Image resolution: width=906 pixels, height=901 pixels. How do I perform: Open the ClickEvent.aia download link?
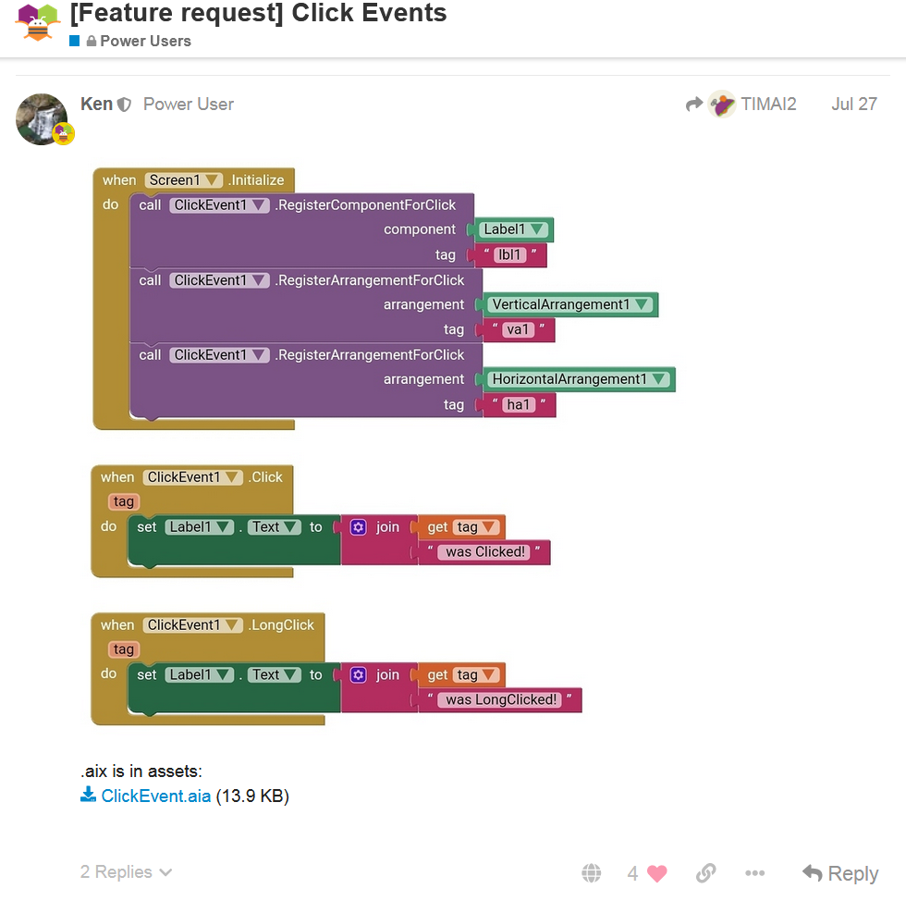(155, 796)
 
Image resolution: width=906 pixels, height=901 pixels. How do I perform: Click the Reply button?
(840, 873)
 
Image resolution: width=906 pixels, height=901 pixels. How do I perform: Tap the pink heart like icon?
(657, 873)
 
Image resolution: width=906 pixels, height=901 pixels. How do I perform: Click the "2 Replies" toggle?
(126, 872)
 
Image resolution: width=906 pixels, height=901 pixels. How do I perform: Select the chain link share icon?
(706, 873)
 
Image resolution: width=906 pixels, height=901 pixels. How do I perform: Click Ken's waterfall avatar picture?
(42, 119)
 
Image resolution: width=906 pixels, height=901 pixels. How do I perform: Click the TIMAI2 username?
(768, 105)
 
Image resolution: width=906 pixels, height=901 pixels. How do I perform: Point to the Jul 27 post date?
(853, 105)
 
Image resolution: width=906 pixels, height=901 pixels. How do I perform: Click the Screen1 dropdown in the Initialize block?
(185, 180)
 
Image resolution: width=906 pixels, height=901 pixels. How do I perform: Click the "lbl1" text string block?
(509, 255)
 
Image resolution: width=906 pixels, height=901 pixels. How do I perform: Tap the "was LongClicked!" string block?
(501, 700)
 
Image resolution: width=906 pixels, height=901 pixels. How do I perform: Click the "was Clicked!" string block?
(485, 552)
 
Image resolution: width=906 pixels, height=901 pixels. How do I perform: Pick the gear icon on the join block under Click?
(359, 527)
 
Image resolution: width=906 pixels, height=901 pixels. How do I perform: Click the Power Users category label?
(145, 42)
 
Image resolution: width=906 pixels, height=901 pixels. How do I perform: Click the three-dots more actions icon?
(754, 873)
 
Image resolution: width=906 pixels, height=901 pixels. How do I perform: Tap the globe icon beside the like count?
(592, 873)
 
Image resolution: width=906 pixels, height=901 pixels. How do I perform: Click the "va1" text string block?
(517, 330)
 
